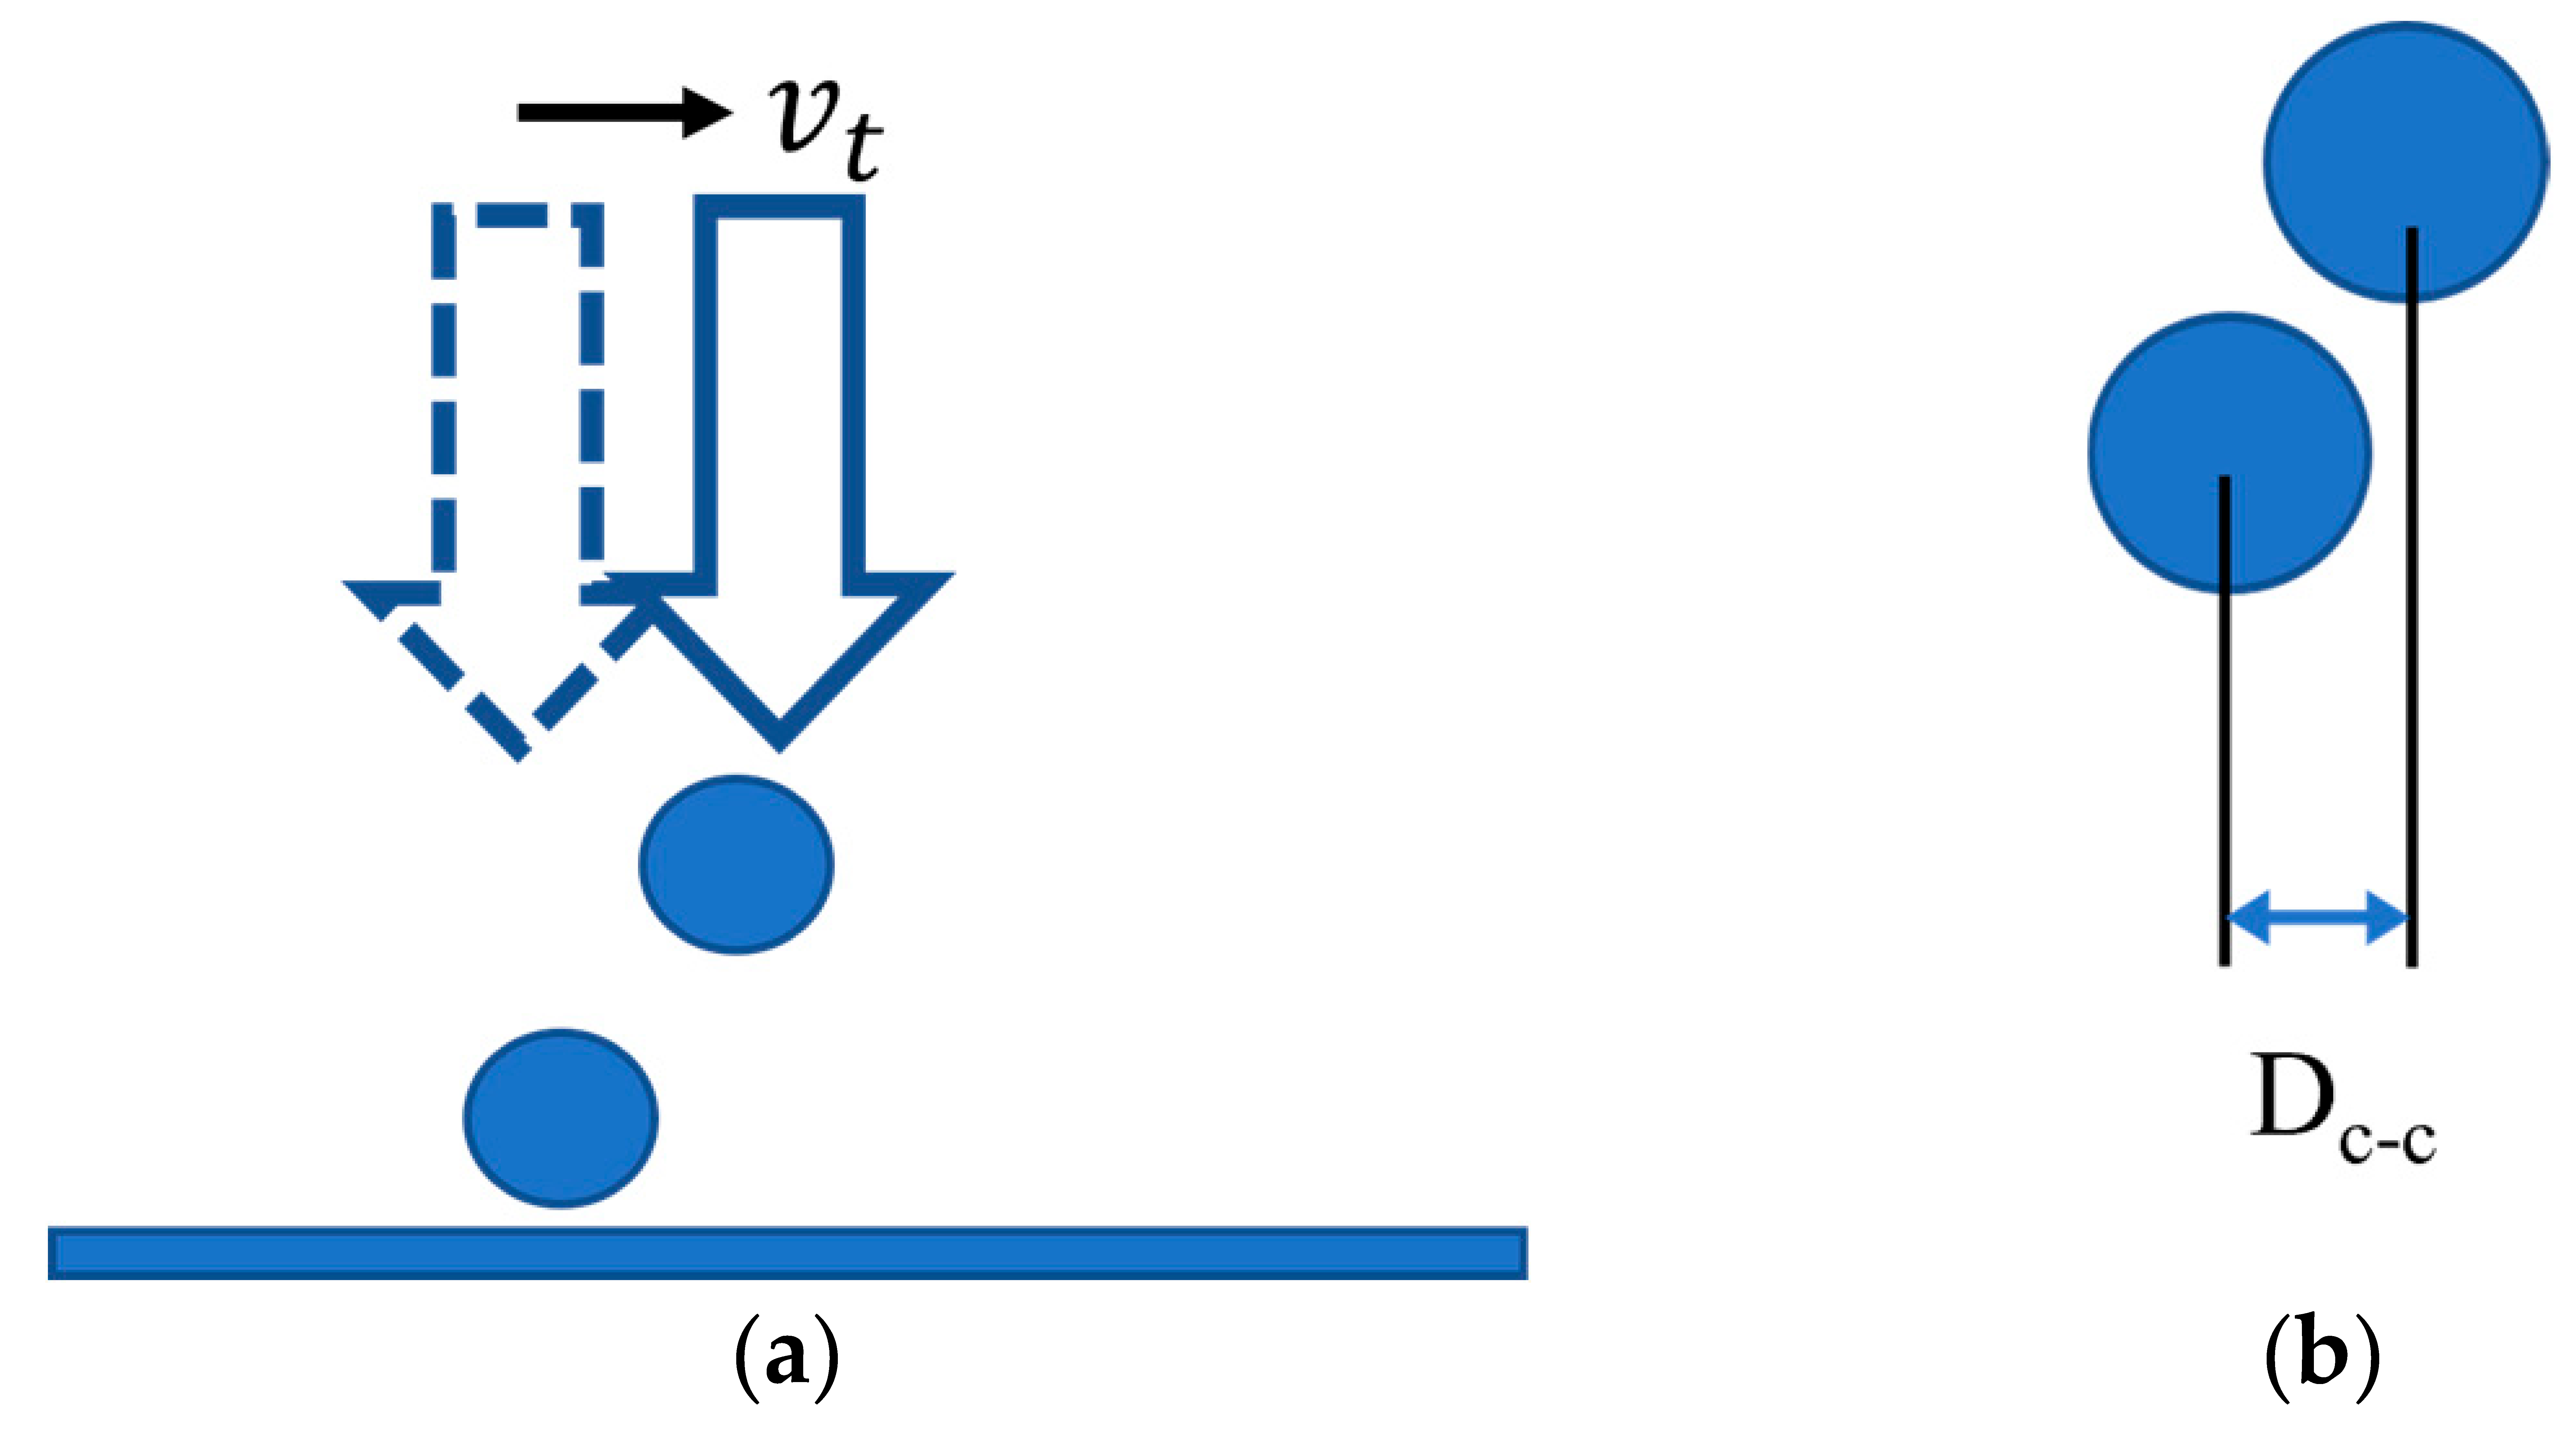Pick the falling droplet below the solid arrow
[736, 864]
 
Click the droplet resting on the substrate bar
[560, 1117]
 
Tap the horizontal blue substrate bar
[787, 1252]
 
